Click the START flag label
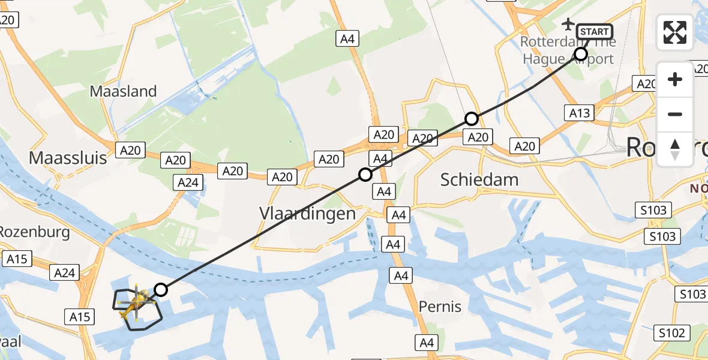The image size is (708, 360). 594,32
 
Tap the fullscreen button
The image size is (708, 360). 675,32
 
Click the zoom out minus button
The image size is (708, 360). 675,115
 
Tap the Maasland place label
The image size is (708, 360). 123,91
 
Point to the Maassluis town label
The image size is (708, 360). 68,158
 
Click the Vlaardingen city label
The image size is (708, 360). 307,214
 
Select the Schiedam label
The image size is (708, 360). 479,179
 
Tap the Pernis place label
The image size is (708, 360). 441,307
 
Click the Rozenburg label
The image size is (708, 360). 35,232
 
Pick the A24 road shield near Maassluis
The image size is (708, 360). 188,182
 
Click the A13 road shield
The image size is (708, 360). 580,112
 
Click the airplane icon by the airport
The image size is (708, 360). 568,24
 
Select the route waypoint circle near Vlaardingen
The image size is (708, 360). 365,175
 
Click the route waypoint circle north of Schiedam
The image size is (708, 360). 472,118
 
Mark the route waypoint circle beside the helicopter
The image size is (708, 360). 160,290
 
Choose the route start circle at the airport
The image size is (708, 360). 580,54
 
